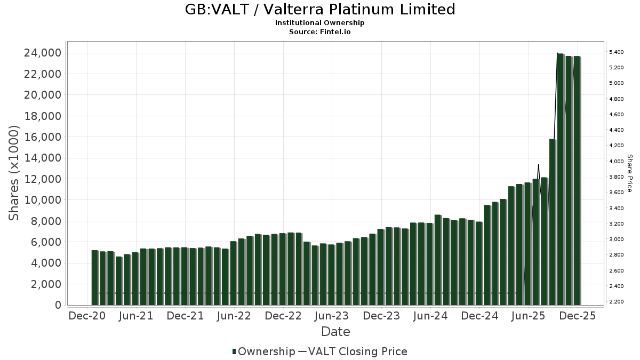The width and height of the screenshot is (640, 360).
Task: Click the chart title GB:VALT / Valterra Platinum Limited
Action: pyautogui.click(x=320, y=10)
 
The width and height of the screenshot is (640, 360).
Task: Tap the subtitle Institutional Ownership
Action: pyautogui.click(x=320, y=23)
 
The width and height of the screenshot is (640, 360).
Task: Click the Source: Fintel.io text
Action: pyautogui.click(x=320, y=31)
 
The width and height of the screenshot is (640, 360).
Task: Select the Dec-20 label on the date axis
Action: pyautogui.click(x=87, y=316)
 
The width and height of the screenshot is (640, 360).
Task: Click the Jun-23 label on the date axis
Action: pyautogui.click(x=332, y=316)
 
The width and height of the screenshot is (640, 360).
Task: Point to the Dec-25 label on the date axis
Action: pyautogui.click(x=577, y=316)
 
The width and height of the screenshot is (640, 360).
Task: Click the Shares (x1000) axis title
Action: pyautogui.click(x=14, y=173)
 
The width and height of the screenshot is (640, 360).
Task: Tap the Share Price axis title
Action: pyautogui.click(x=629, y=173)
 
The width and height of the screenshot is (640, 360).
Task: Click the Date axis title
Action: pyautogui.click(x=335, y=332)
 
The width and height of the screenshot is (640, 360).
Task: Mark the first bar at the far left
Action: pyautogui.click(x=94, y=277)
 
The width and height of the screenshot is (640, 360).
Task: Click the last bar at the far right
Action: pyautogui.click(x=577, y=180)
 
